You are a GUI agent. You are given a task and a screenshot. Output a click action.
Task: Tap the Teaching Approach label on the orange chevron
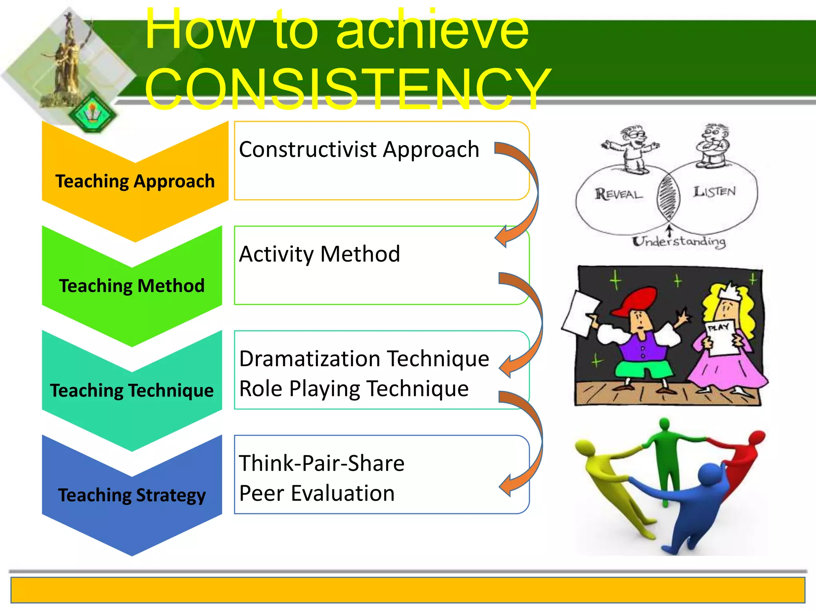tap(135, 181)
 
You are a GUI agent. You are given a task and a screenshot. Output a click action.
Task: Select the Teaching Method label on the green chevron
tap(132, 286)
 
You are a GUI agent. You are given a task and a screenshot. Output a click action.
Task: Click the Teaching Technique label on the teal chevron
tap(132, 390)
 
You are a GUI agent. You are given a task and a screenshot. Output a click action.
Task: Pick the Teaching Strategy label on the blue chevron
tap(132, 495)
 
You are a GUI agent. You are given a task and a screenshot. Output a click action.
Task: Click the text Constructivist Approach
tap(359, 150)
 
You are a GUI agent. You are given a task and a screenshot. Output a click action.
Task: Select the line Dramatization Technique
tap(364, 359)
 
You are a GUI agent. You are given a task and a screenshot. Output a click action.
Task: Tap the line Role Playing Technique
tap(354, 388)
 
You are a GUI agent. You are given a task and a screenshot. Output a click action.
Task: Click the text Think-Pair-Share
tap(322, 463)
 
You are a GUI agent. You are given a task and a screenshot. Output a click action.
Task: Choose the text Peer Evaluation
tap(317, 493)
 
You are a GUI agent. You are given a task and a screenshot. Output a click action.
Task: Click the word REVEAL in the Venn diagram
tap(618, 194)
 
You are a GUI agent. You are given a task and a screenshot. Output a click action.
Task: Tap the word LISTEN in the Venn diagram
tap(714, 192)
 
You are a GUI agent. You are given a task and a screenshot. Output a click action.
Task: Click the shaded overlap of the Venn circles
tap(668, 196)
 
